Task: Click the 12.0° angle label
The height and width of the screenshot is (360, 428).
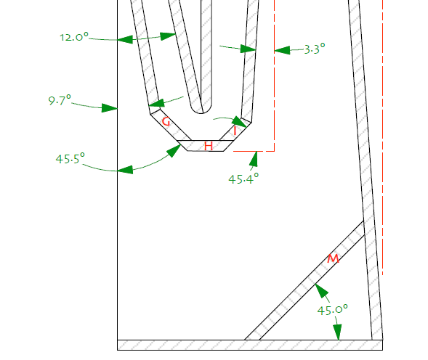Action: [74, 37]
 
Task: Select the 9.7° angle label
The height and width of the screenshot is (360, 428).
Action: [60, 100]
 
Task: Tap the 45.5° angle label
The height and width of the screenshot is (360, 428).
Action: [70, 158]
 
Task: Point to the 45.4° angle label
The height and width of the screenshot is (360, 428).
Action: [243, 179]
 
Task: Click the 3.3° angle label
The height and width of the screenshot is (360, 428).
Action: [315, 49]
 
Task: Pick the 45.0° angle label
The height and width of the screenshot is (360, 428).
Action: [333, 310]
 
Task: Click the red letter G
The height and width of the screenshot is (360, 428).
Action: [166, 121]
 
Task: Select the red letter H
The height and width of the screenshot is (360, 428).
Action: [209, 146]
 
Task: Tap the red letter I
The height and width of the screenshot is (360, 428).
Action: [235, 131]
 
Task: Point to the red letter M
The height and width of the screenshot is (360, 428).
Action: [333, 258]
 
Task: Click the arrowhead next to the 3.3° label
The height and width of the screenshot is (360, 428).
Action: [282, 51]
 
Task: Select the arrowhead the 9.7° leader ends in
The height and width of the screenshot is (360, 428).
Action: [110, 108]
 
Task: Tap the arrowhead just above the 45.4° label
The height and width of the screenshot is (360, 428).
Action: [254, 158]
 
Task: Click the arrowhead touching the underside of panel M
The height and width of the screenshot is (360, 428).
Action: [321, 290]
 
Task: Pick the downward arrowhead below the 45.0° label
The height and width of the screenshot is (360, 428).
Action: [338, 332]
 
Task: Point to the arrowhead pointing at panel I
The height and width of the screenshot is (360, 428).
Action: [241, 122]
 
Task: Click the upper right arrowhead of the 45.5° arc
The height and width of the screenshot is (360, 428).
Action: [174, 151]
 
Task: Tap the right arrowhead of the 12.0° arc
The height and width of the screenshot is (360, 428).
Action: [168, 36]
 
